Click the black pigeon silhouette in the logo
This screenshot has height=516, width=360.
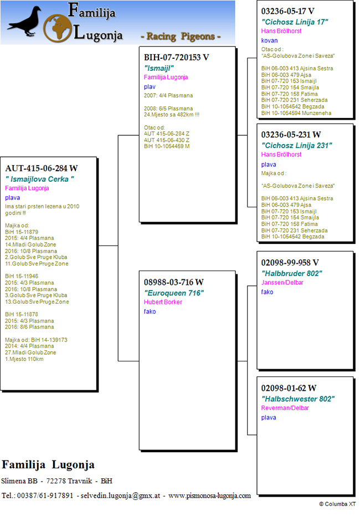point(25,22)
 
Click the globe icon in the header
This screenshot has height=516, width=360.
point(57,28)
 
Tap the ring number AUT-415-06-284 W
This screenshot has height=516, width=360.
point(42,168)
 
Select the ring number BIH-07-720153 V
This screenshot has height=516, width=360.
point(177,57)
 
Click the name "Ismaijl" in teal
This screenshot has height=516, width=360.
point(159,68)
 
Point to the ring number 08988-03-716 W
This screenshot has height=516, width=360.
point(174,282)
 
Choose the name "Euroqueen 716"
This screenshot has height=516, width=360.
point(174,293)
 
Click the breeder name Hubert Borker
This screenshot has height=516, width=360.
point(163,302)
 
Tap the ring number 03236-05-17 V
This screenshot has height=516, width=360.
point(288,11)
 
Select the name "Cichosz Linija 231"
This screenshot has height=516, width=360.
point(297,145)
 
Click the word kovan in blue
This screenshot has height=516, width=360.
point(270,40)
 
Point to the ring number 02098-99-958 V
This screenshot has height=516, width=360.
point(290,263)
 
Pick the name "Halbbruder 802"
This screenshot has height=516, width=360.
point(292,273)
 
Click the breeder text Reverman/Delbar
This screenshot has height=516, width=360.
point(285,408)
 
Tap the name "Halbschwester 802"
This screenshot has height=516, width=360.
point(298,399)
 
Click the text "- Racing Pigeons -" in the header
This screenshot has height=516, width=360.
point(181,36)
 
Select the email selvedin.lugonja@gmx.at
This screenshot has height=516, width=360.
point(120,495)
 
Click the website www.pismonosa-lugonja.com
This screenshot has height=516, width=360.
point(209,495)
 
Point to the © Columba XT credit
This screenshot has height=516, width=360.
point(337,504)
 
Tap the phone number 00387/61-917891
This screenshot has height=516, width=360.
point(45,495)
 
